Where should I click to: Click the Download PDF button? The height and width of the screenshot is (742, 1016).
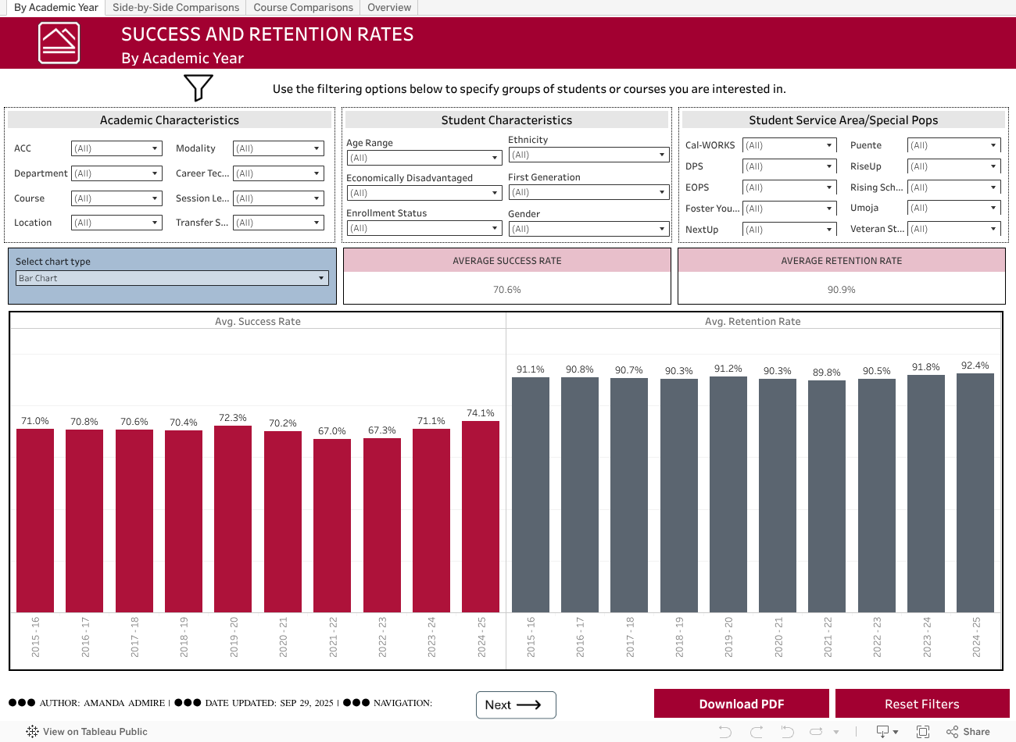(x=741, y=704)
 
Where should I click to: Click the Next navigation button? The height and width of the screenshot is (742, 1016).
(x=516, y=705)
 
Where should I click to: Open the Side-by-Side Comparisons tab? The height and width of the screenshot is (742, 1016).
(x=176, y=8)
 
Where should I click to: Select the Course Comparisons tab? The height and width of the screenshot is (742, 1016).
(x=303, y=8)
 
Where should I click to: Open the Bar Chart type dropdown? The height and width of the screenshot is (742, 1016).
(x=172, y=278)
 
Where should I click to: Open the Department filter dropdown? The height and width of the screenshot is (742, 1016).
(x=116, y=173)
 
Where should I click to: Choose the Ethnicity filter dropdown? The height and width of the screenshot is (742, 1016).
(x=588, y=155)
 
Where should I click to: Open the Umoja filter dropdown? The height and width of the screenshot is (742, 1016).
(x=953, y=209)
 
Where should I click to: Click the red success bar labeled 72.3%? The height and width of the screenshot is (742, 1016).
(x=233, y=519)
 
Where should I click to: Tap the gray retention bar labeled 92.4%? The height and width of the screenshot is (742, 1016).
(x=975, y=492)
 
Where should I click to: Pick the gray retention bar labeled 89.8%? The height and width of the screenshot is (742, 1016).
(x=826, y=496)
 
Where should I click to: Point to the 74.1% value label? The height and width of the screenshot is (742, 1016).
(x=481, y=413)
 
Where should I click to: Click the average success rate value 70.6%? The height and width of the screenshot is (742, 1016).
(x=507, y=290)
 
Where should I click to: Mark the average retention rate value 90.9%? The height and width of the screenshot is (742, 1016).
(x=841, y=290)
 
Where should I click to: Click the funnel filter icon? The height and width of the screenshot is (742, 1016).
(x=199, y=87)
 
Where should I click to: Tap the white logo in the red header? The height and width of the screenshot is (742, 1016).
(x=59, y=43)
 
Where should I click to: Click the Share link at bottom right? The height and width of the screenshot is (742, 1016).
(x=968, y=732)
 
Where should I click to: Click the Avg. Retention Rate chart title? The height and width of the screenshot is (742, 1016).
(x=753, y=321)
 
